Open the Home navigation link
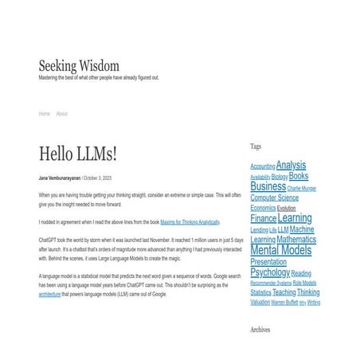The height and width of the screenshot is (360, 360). pyautogui.click(x=45, y=114)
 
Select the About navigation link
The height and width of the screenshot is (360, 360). pyautogui.click(x=62, y=114)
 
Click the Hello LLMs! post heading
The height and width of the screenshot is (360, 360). pyautogui.click(x=78, y=154)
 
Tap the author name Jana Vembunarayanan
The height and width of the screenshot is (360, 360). pyautogui.click(x=59, y=178)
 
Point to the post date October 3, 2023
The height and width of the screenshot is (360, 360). pyautogui.click(x=98, y=178)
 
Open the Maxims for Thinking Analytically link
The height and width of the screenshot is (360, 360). pyautogui.click(x=190, y=221)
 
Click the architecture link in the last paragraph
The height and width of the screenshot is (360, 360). pyautogui.click(x=49, y=294)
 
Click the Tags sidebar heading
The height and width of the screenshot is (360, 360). pyautogui.click(x=256, y=147)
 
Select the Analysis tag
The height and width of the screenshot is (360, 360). pyautogui.click(x=291, y=166)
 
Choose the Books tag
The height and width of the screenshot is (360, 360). pyautogui.click(x=299, y=176)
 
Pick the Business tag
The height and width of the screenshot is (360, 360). pyautogui.click(x=268, y=187)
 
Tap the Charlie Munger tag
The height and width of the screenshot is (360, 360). pyautogui.click(x=302, y=189)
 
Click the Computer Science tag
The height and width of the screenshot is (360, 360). pyautogui.click(x=275, y=198)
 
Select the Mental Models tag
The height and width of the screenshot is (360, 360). pyautogui.click(x=280, y=250)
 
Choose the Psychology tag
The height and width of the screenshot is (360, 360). pyautogui.click(x=270, y=272)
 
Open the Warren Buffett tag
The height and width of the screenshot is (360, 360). pyautogui.click(x=285, y=303)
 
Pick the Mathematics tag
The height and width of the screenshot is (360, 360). pyautogui.click(x=296, y=239)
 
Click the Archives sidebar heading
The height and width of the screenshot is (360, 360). pyautogui.click(x=260, y=329)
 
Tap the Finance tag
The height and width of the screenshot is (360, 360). pyautogui.click(x=264, y=218)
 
